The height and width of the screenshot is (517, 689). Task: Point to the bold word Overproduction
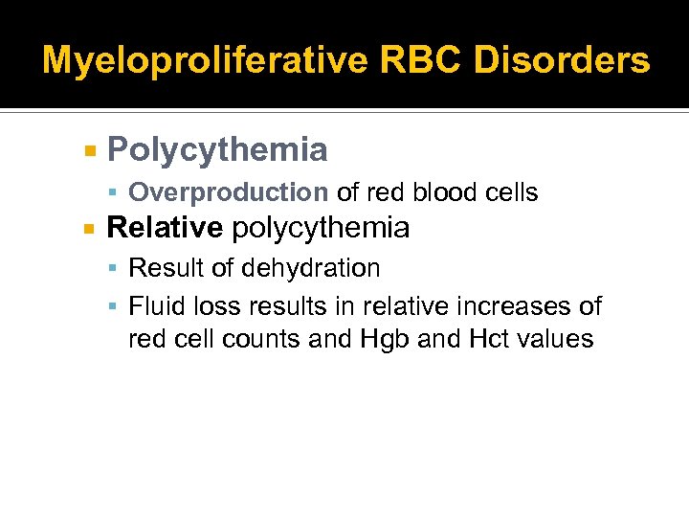coord(228,192)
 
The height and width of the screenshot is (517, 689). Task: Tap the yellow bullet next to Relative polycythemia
coord(89,229)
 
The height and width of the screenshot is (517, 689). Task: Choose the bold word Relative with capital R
coord(165,228)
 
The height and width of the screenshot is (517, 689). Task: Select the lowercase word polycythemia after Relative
coord(321,228)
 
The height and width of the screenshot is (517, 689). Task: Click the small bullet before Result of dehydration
coord(114,269)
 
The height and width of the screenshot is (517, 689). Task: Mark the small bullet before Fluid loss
coord(114,307)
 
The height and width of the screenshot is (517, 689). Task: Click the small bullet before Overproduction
coord(114,193)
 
